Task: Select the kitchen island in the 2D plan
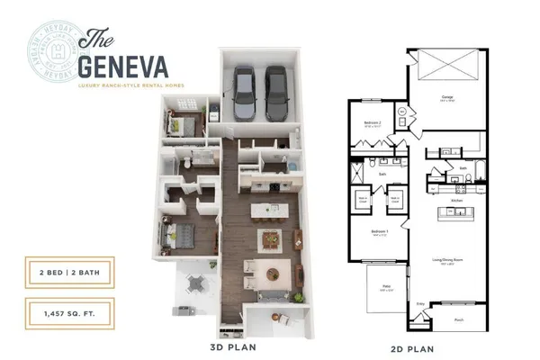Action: (455, 214)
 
